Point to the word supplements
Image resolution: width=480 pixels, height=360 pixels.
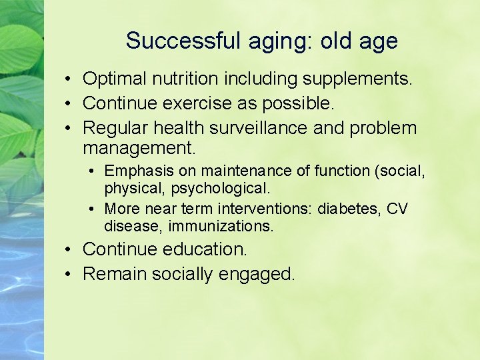click(358, 79)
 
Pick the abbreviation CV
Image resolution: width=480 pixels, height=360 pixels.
click(397, 209)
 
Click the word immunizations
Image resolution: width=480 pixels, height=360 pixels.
click(221, 226)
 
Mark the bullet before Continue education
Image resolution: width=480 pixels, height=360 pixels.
click(69, 250)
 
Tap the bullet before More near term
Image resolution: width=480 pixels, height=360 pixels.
click(92, 209)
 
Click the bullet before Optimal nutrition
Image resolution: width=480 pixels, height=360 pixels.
click(69, 79)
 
